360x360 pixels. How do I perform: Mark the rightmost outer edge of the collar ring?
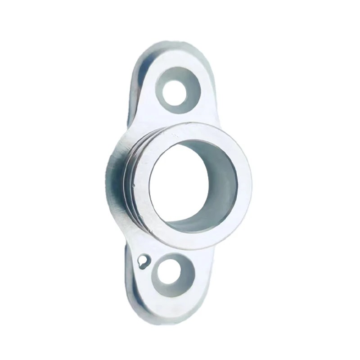(251, 184)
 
